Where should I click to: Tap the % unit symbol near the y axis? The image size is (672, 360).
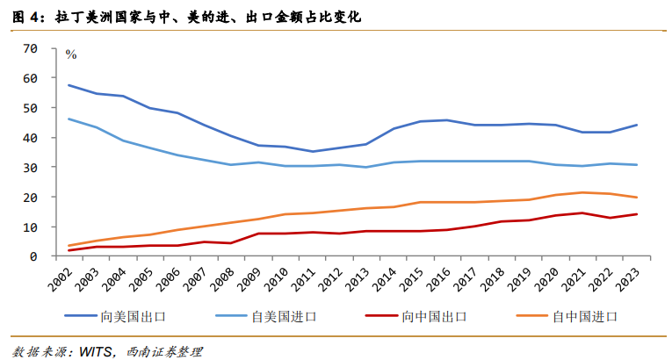[x=71, y=54]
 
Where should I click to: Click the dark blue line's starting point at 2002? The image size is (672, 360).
[x=69, y=85]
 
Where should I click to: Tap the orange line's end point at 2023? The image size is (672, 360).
[x=637, y=197]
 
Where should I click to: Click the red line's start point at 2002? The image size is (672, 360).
[x=69, y=250]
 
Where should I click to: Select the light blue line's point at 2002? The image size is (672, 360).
[x=69, y=119]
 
